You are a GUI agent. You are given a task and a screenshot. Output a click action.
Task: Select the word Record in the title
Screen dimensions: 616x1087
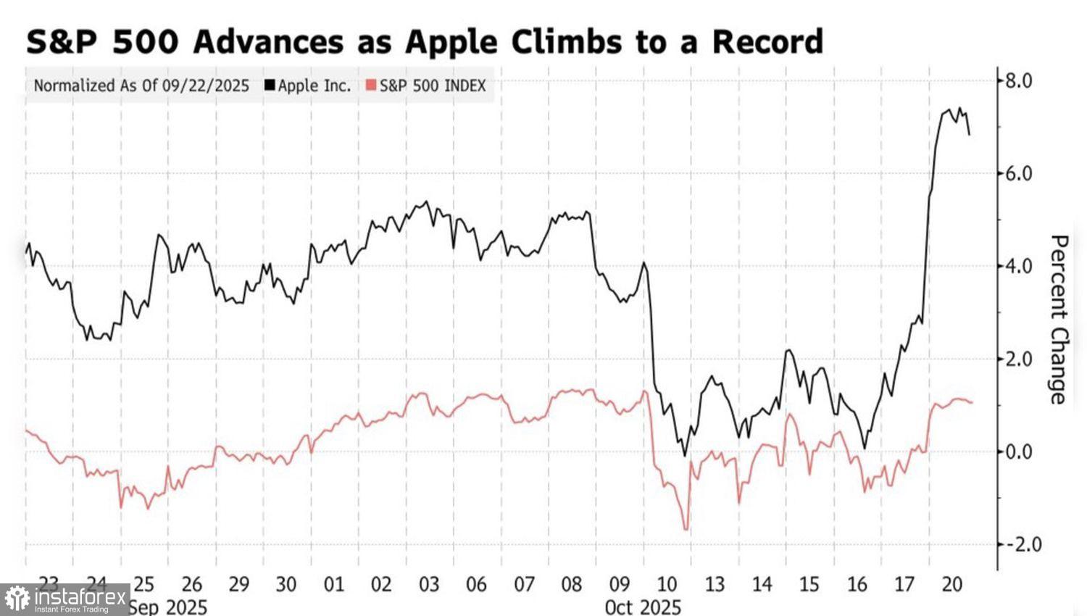[x=767, y=42]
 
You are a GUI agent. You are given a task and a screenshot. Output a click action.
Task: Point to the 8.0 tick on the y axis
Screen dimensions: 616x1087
[x=1018, y=80]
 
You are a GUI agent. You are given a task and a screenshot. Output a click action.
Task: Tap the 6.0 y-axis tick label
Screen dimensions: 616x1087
[x=1018, y=173]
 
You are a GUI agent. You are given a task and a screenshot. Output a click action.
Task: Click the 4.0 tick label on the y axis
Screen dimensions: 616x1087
[x=1018, y=266]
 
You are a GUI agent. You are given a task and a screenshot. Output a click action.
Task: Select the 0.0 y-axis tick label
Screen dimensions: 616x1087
[x=1018, y=451]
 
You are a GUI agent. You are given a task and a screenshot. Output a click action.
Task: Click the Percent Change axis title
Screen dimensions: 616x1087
[x=1059, y=320]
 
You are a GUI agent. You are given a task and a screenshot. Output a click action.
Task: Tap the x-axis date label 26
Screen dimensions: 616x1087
[x=191, y=584]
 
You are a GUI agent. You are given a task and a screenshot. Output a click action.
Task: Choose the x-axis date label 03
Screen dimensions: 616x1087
[x=429, y=584]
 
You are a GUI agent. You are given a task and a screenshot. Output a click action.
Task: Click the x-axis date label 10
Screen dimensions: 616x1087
[x=667, y=584]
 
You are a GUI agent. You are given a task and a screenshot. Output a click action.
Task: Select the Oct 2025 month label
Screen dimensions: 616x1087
[x=643, y=607]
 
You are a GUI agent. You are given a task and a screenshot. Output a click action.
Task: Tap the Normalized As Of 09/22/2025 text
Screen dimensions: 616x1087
[x=141, y=86]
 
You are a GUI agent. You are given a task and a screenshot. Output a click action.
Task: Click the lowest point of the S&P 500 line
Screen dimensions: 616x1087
[x=686, y=530]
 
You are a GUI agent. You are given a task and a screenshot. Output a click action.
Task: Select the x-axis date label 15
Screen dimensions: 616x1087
[x=809, y=584]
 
